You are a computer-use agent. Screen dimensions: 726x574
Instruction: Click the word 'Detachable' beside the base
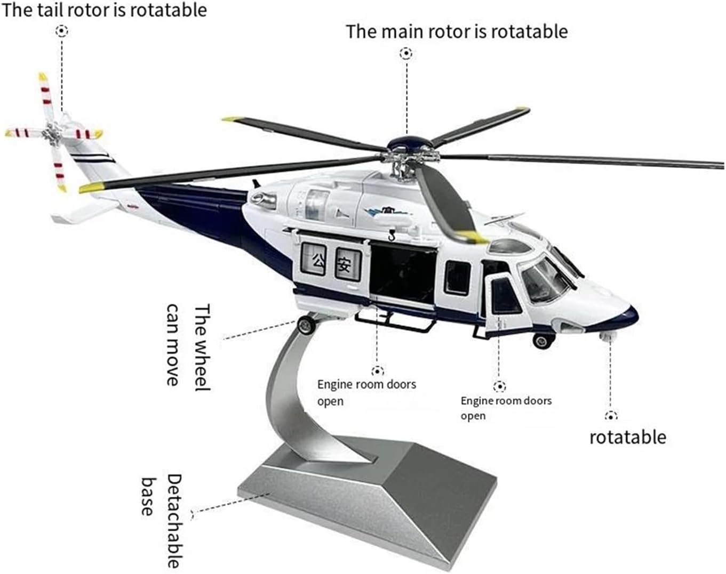[175, 521]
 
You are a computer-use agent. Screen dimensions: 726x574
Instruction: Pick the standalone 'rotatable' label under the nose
[628, 438]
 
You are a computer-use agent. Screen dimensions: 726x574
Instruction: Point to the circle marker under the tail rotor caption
[62, 31]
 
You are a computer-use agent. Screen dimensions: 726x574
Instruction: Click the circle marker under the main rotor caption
[406, 54]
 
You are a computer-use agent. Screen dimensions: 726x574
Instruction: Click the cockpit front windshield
[543, 280]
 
